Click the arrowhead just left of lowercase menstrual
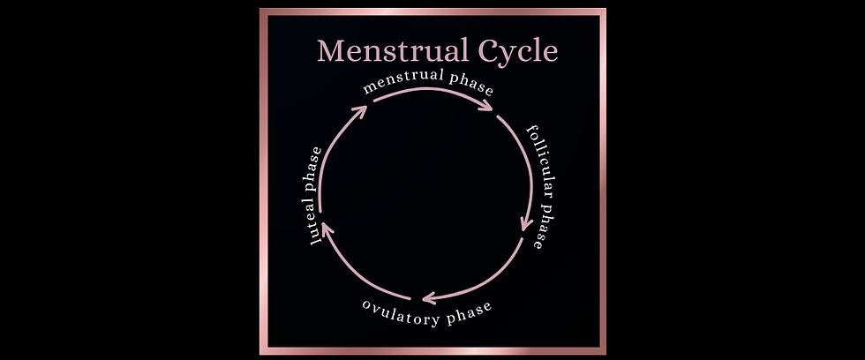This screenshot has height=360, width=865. [359, 111]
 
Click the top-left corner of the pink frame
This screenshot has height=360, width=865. [263, 11]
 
